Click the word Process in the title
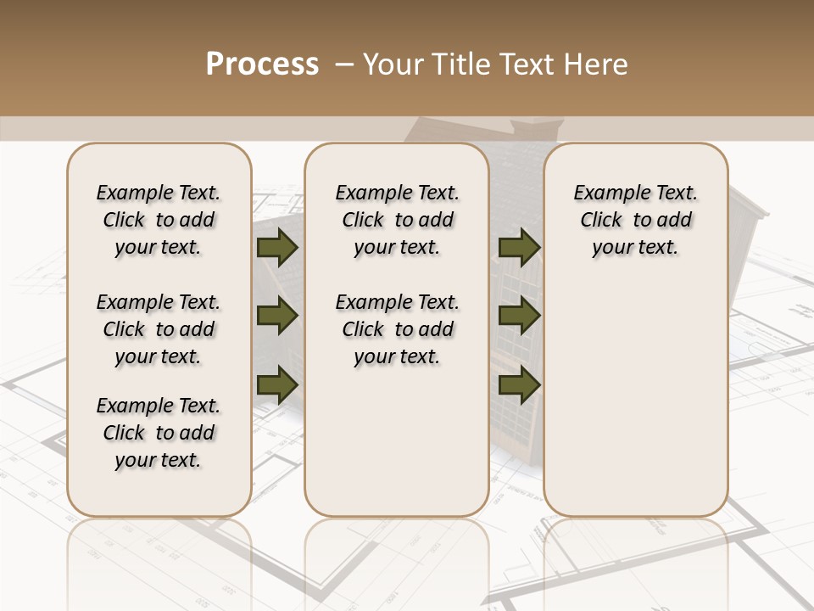coord(262,64)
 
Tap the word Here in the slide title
coord(598,64)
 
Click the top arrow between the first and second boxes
coord(276,248)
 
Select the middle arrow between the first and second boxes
coord(276,317)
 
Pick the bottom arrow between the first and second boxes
coord(276,384)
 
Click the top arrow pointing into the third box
coord(519,248)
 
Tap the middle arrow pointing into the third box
coord(519,317)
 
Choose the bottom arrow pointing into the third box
coord(519,384)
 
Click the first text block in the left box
coord(159,220)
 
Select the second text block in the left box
coord(159,329)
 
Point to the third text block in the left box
coord(159,433)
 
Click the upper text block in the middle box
coord(397,220)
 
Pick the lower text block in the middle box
coord(397,329)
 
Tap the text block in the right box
coord(635,220)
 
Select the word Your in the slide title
coord(386,64)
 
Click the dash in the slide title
coord(344,64)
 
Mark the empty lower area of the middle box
coord(397,441)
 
